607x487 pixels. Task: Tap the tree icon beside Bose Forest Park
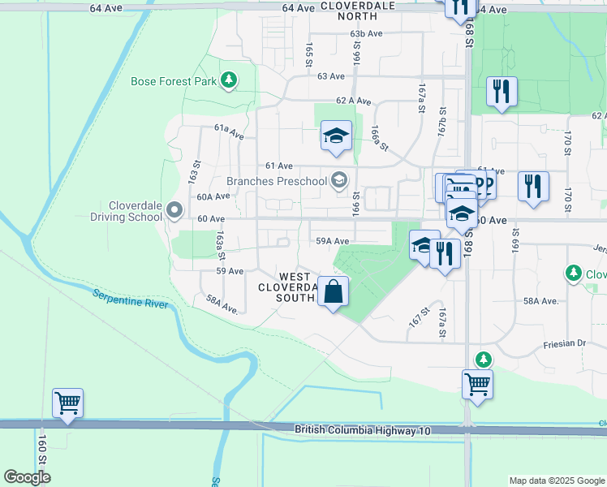[230, 80]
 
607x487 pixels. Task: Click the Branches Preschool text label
[276, 181]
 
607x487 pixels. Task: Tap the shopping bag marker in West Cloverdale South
[334, 292]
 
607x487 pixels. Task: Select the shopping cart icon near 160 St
[67, 403]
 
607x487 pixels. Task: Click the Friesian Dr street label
[564, 344]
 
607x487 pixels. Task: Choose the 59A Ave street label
[332, 241]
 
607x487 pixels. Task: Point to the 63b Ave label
[366, 34]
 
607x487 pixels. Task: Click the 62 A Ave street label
[354, 101]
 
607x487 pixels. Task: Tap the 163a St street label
[220, 239]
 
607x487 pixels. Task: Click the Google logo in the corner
[27, 477]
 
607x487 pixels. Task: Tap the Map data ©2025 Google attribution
[556, 481]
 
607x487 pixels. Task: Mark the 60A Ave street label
[214, 196]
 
